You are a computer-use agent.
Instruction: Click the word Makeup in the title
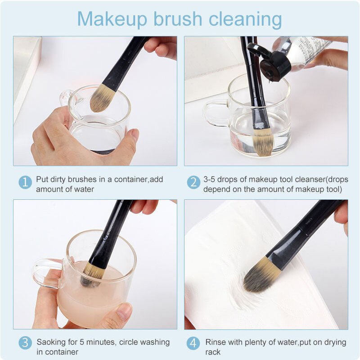click(112, 19)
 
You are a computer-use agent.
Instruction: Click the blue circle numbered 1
click(25, 182)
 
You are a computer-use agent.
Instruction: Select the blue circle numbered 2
click(193, 182)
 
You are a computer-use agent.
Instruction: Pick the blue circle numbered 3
click(25, 343)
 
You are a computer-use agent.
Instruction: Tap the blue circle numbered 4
click(193, 343)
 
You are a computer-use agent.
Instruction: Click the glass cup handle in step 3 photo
click(45, 273)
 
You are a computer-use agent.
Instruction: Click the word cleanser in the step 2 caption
click(291, 179)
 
